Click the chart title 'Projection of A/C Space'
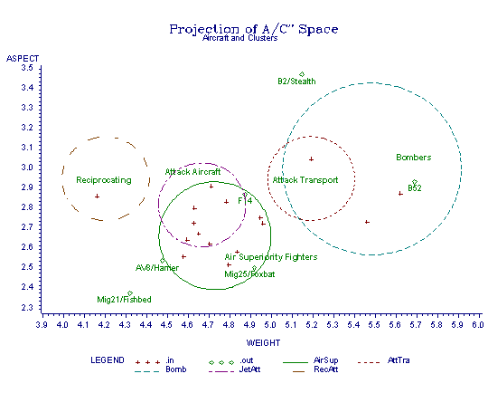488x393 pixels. (x=254, y=29)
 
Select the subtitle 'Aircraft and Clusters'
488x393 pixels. (x=240, y=38)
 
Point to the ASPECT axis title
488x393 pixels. (x=23, y=59)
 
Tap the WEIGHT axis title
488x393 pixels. (x=263, y=343)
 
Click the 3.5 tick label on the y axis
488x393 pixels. (x=27, y=68)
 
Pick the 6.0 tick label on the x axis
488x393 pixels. (x=478, y=325)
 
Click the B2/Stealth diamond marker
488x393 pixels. (x=302, y=74)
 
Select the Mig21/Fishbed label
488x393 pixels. (x=124, y=300)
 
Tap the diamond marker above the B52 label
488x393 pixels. (x=415, y=182)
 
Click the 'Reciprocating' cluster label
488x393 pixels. (x=104, y=180)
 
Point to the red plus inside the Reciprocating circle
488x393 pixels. (x=97, y=196)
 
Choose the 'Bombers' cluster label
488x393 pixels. (x=414, y=158)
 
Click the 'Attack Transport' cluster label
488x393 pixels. (x=305, y=180)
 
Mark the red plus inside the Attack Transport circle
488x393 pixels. (x=311, y=159)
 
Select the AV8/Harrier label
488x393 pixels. (x=157, y=268)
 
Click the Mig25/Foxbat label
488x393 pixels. (x=249, y=274)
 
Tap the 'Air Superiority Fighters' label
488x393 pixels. (x=271, y=257)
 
